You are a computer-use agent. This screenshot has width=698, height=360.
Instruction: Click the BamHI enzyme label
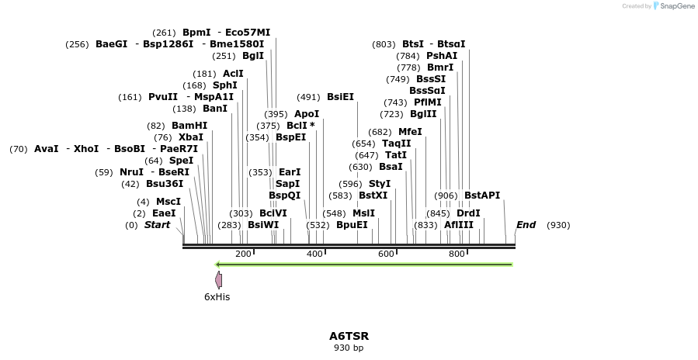189,126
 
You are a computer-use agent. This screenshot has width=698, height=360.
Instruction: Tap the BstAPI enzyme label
482,195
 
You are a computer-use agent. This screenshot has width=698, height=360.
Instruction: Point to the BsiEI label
340,97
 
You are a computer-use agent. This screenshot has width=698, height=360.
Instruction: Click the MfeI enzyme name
410,132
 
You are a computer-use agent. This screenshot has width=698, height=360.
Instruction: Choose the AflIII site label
459,225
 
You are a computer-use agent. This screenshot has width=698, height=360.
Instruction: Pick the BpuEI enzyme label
352,225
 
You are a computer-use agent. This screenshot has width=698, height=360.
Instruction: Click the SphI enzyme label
225,85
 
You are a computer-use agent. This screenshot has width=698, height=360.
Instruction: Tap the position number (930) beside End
558,225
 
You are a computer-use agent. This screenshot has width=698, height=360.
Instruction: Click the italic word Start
157,225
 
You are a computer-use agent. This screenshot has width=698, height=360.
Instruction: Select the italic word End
526,225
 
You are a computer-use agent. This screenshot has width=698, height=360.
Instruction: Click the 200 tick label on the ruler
243,254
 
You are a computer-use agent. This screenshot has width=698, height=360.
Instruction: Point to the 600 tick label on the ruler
386,254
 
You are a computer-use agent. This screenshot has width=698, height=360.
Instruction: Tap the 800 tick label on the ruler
457,254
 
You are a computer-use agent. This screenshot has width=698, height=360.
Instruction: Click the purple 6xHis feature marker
219,280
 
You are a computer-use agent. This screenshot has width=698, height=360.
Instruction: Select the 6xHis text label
217,296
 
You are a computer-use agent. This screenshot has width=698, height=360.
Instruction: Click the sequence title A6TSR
349,336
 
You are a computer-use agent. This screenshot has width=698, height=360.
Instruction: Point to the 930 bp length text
349,348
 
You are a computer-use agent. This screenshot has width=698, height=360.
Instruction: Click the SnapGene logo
673,6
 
